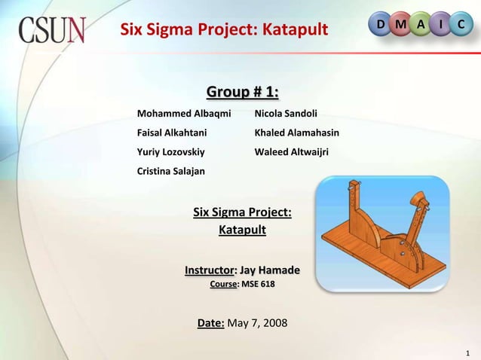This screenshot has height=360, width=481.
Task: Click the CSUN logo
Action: pos(52,31)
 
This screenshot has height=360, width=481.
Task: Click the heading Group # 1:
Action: pos(242,93)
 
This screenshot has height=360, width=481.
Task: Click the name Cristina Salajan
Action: pos(170,172)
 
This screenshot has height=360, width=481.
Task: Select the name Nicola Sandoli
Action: pos(286,114)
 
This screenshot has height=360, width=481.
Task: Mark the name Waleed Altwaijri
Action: pos(292,152)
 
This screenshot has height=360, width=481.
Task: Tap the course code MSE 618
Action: pos(258,285)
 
